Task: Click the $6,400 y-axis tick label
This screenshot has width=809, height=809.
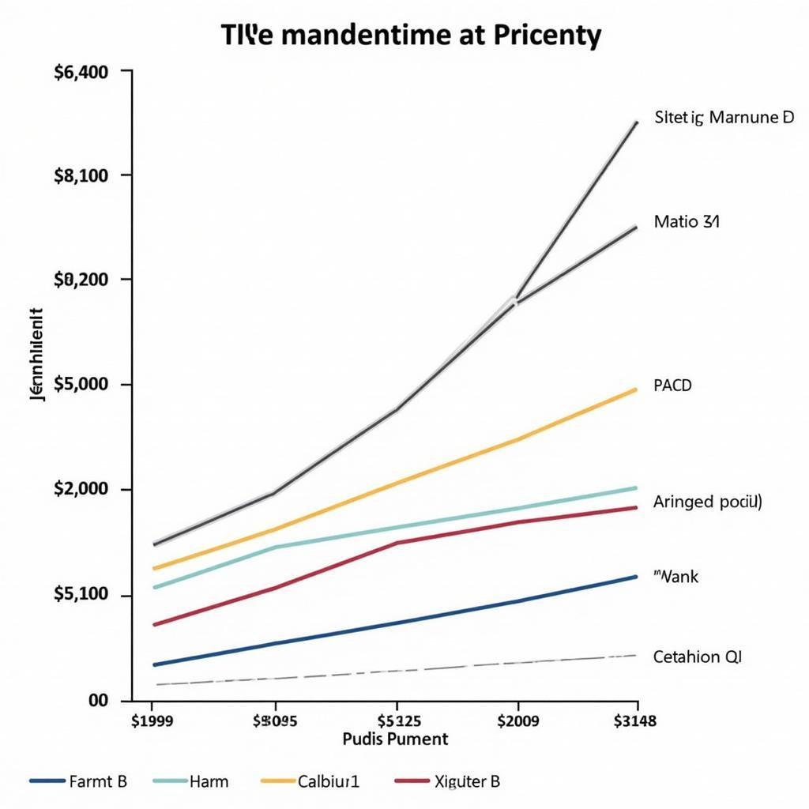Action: (81, 72)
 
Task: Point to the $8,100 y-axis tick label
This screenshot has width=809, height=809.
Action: (81, 175)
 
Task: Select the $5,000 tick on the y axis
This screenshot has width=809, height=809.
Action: (81, 385)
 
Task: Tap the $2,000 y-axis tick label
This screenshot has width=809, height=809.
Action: (81, 489)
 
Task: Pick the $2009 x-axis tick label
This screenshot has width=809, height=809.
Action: (517, 720)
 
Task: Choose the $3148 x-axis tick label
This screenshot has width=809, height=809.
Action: (635, 720)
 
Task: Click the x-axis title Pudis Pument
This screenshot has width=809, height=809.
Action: (396, 739)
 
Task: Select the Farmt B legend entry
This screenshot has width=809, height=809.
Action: (97, 782)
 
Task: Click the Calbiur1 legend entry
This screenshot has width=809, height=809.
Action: (328, 782)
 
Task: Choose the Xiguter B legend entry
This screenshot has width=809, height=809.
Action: (466, 782)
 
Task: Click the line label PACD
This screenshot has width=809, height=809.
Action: (672, 386)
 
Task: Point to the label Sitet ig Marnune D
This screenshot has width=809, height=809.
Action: (724, 118)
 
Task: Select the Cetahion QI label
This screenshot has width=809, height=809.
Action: (698, 657)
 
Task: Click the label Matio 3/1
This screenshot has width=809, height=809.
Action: (687, 222)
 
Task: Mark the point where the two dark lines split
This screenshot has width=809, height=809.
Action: (516, 301)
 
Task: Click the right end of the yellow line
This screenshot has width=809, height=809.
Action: (636, 389)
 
